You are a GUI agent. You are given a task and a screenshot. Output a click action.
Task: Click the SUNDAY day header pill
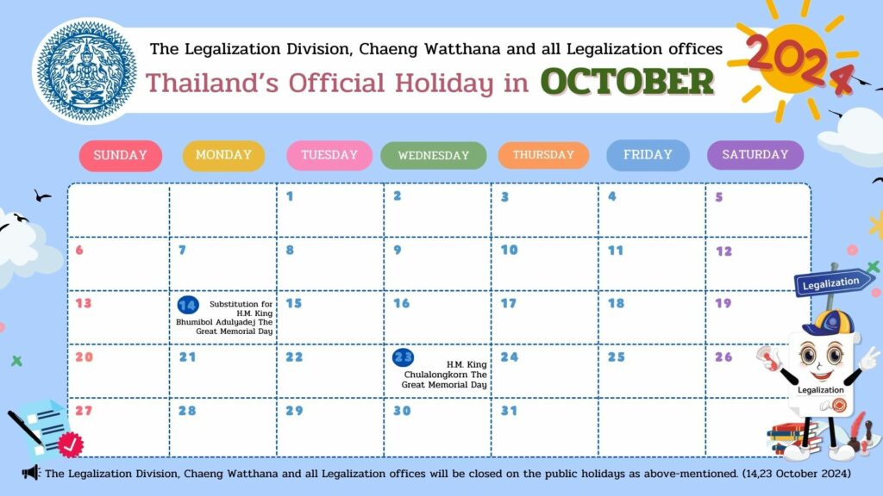point(121,156)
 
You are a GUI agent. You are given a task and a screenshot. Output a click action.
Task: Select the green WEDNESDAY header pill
point(434,156)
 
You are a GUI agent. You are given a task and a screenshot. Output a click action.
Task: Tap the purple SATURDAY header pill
point(755,155)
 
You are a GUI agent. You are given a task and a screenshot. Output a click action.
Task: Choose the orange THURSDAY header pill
point(543,155)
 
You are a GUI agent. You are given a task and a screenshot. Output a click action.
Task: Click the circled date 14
point(187,305)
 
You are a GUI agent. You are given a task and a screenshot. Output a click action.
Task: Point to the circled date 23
point(404,357)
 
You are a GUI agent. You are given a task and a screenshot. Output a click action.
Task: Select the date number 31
point(509,411)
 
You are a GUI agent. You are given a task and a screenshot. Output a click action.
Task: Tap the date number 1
point(290,196)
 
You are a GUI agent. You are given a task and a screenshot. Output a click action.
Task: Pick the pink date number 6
point(79,251)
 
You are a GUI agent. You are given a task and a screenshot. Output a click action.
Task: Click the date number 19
point(723,304)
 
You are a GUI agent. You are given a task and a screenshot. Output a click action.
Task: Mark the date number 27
point(84,411)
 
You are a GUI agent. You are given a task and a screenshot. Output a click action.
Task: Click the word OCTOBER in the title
point(628,82)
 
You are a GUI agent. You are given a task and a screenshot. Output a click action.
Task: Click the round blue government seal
point(86,71)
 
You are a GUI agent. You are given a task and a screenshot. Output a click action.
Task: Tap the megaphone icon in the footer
point(31,473)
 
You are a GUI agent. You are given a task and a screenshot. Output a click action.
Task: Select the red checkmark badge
point(71,445)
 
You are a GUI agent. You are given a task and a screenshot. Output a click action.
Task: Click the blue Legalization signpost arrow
point(832,282)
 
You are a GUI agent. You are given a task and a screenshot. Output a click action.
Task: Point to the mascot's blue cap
point(829,324)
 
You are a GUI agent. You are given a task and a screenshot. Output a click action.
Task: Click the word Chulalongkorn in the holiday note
point(446,375)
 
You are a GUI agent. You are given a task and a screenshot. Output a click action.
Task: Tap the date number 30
point(402,411)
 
